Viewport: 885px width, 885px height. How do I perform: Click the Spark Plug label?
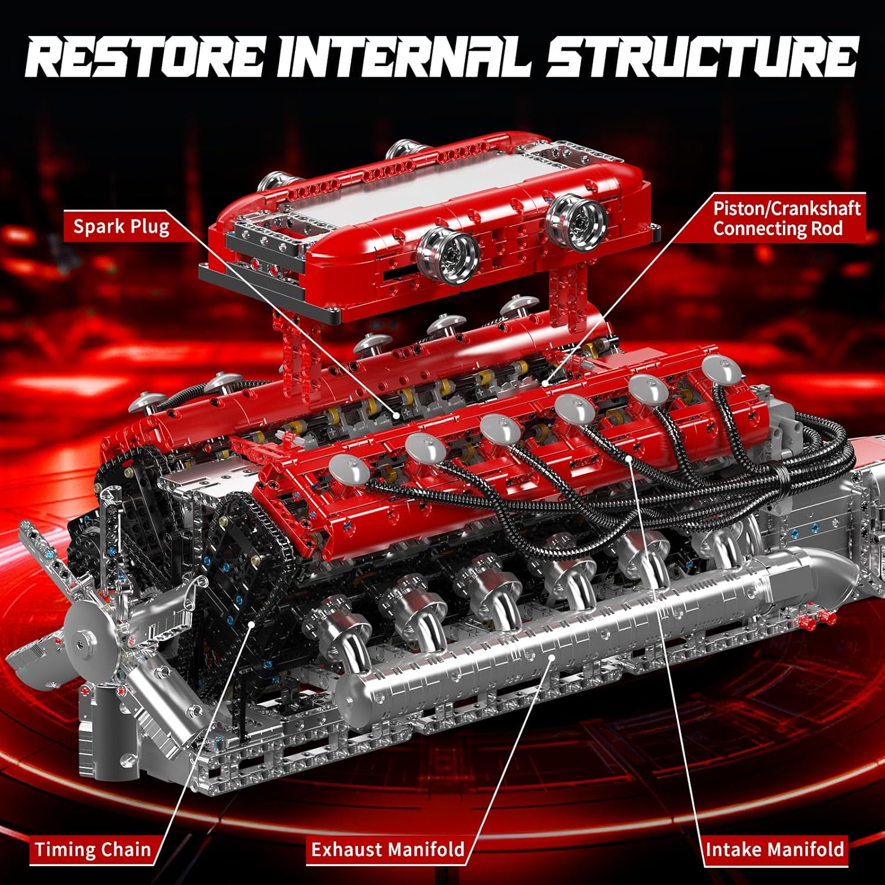121,227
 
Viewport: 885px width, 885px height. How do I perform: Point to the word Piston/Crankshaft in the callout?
786,208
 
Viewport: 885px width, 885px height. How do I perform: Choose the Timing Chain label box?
93,850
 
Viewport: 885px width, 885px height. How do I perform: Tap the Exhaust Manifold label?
388,850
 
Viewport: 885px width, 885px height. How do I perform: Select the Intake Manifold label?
775,850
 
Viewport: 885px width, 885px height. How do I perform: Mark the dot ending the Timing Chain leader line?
252,622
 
